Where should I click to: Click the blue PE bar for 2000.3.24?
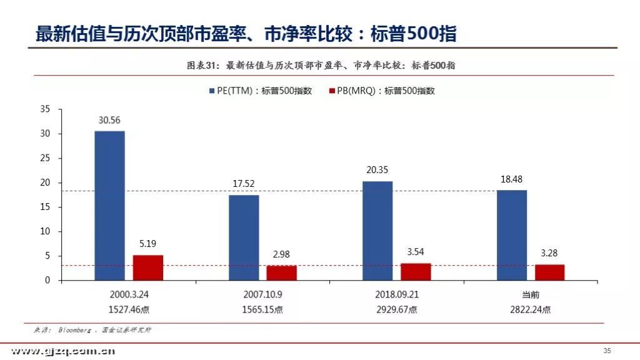click(x=110, y=206)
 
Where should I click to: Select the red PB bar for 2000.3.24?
click(x=147, y=267)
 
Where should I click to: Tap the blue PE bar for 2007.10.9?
click(x=244, y=237)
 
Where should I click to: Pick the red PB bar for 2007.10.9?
click(x=282, y=273)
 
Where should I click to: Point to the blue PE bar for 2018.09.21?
click(x=377, y=231)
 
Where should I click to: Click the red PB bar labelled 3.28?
click(x=550, y=272)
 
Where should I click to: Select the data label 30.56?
click(x=109, y=120)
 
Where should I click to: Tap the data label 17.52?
click(x=243, y=184)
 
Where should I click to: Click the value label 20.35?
click(x=377, y=170)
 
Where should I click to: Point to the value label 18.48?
click(x=511, y=179)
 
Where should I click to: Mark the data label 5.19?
click(x=147, y=244)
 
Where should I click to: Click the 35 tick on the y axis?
click(x=45, y=109)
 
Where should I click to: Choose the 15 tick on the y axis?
click(x=45, y=207)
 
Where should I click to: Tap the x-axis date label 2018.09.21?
click(x=397, y=294)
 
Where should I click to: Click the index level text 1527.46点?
click(x=129, y=309)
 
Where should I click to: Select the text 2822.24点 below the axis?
click(x=530, y=309)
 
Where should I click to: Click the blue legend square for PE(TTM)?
click(x=212, y=91)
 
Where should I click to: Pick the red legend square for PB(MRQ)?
click(x=332, y=91)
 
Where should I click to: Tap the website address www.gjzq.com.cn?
click(x=63, y=351)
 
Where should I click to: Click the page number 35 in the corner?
click(x=607, y=351)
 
